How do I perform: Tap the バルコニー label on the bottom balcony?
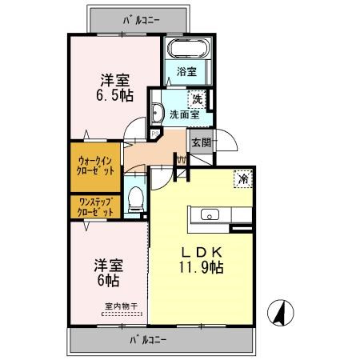pyautogui.click(x=149, y=340)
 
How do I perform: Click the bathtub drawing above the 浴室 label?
pyautogui.click(x=187, y=48)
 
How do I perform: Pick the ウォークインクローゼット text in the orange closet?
pyautogui.click(x=96, y=166)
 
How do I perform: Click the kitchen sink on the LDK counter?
pyautogui.click(x=210, y=214)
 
